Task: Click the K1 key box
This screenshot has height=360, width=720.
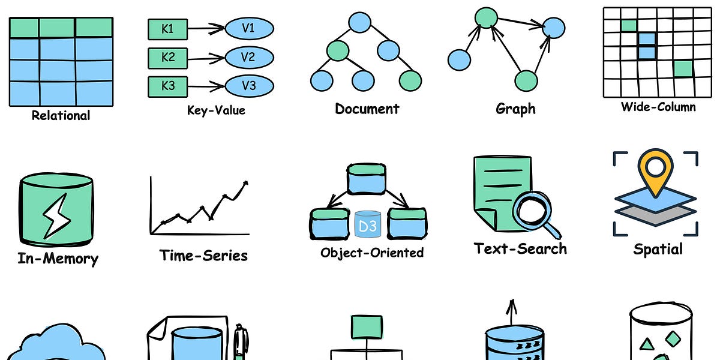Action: coord(169,29)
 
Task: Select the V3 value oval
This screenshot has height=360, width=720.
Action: coord(249,85)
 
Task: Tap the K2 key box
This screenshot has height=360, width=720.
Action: coord(169,58)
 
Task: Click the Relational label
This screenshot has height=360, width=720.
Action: coord(61,116)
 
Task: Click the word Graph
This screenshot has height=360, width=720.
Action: coord(515,109)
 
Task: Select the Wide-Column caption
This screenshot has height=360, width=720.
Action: coord(658,107)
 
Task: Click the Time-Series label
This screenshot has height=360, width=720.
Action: coord(203,256)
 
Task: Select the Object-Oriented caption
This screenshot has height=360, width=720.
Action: coord(372,253)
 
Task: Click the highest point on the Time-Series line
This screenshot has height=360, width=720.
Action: coord(245,182)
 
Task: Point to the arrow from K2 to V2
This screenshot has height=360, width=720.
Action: coord(207,58)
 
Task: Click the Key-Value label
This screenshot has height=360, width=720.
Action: coord(216,110)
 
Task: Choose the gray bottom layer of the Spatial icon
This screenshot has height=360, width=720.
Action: coord(656,215)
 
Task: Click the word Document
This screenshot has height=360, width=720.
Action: coord(367,109)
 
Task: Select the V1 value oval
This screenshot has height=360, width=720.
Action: coord(249,28)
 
